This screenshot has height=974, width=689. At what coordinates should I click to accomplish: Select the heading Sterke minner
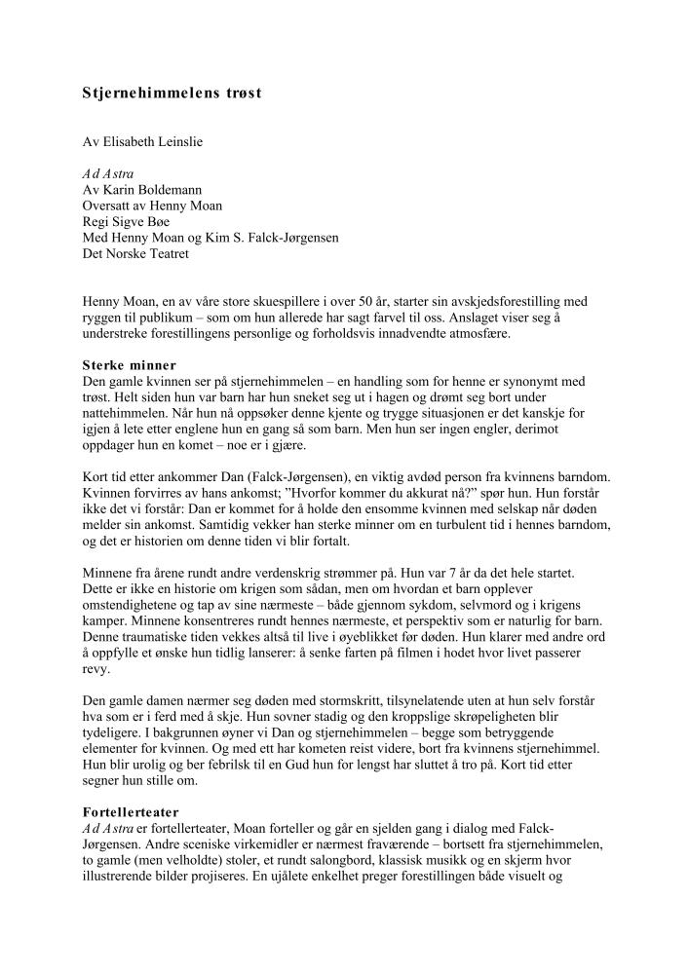[129, 365]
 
